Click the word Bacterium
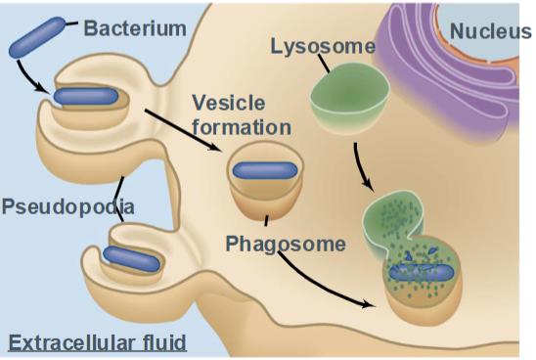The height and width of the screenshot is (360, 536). pos(134,28)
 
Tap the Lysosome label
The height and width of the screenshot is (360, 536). pos(323,46)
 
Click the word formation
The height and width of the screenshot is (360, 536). pos(241,127)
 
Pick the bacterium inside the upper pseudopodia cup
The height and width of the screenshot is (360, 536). pos(86,96)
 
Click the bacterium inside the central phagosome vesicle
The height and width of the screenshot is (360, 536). pos(264,168)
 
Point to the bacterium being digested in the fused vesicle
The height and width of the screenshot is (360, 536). pos(422,272)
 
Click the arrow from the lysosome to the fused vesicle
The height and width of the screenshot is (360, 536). pos(361,166)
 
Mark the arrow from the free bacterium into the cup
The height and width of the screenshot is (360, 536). pos(30,78)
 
